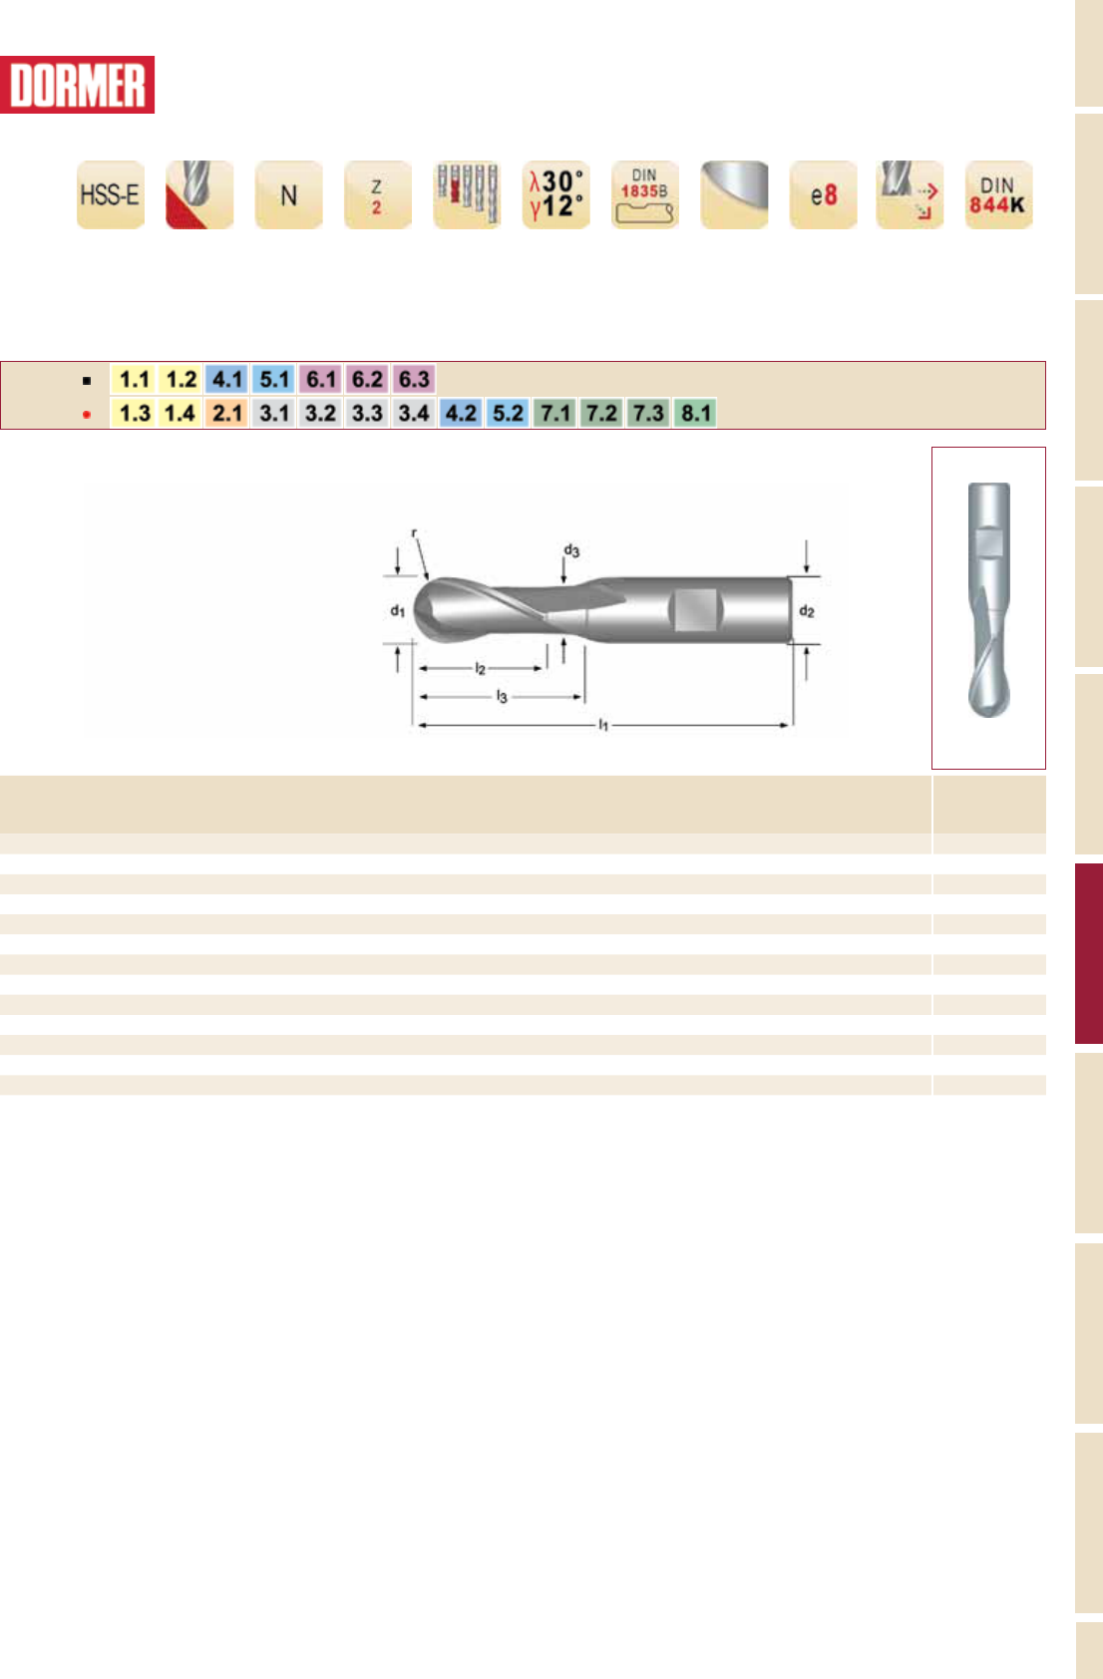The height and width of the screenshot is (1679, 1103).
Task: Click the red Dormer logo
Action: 77,85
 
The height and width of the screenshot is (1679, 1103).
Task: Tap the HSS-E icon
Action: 111,194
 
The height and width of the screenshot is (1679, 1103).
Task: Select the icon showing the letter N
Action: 288,194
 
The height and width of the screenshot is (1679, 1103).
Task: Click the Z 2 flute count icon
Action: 377,194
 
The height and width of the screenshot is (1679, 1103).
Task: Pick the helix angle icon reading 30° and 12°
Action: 555,194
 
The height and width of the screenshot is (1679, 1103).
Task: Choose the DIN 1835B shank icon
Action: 645,194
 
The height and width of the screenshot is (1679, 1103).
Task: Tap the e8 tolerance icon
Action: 823,194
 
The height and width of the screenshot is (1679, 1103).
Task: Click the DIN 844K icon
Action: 998,194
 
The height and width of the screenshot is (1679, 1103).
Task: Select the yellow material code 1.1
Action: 134,379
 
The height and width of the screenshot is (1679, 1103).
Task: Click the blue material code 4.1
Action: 227,379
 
